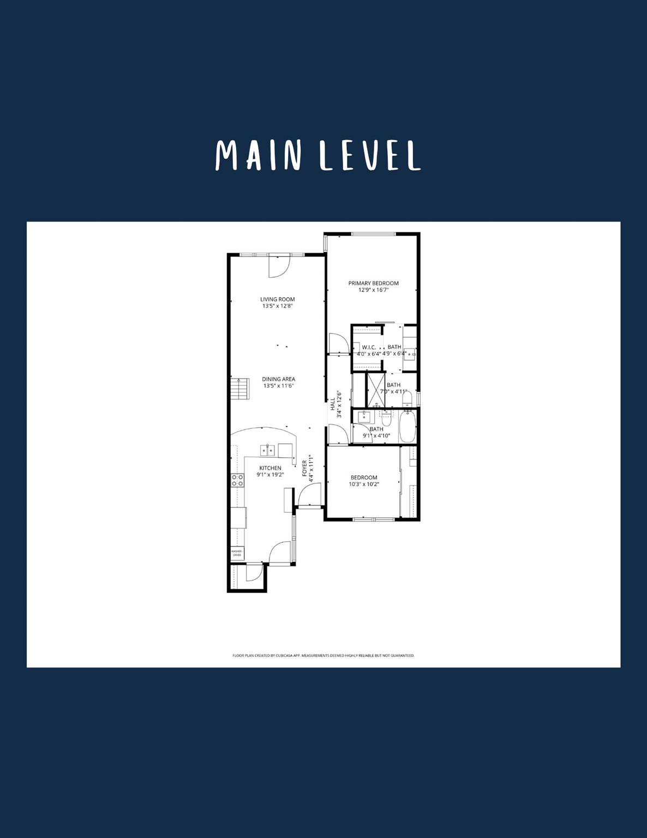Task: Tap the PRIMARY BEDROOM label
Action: click(x=373, y=283)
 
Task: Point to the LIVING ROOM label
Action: click(x=277, y=299)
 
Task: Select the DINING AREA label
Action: click(x=278, y=379)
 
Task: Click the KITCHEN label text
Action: click(x=270, y=468)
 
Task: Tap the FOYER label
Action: click(x=304, y=468)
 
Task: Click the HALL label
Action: click(x=332, y=404)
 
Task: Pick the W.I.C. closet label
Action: click(x=369, y=347)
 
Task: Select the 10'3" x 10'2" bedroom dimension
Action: click(x=364, y=484)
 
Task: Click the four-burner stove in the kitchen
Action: click(x=237, y=480)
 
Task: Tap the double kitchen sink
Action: click(x=267, y=450)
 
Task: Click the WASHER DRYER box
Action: click(x=237, y=553)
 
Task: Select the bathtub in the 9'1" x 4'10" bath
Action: click(x=408, y=427)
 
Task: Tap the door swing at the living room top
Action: click(x=278, y=266)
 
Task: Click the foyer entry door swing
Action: click(x=309, y=495)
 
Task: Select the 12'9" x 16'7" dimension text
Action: click(x=373, y=290)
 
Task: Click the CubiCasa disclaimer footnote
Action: click(x=323, y=655)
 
